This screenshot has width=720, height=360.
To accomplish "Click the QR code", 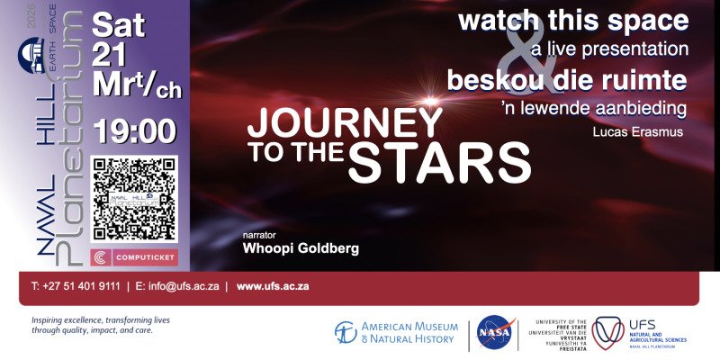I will [133, 200].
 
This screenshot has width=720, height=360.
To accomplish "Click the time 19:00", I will [134, 130].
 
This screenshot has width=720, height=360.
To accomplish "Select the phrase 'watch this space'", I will [573, 20].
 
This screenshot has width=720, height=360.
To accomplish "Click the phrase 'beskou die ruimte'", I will [573, 80].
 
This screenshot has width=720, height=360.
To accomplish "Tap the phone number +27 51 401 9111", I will [76, 287].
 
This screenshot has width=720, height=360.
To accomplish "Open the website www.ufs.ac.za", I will [273, 287].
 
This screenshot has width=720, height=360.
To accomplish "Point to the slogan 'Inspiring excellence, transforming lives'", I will [100, 320].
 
